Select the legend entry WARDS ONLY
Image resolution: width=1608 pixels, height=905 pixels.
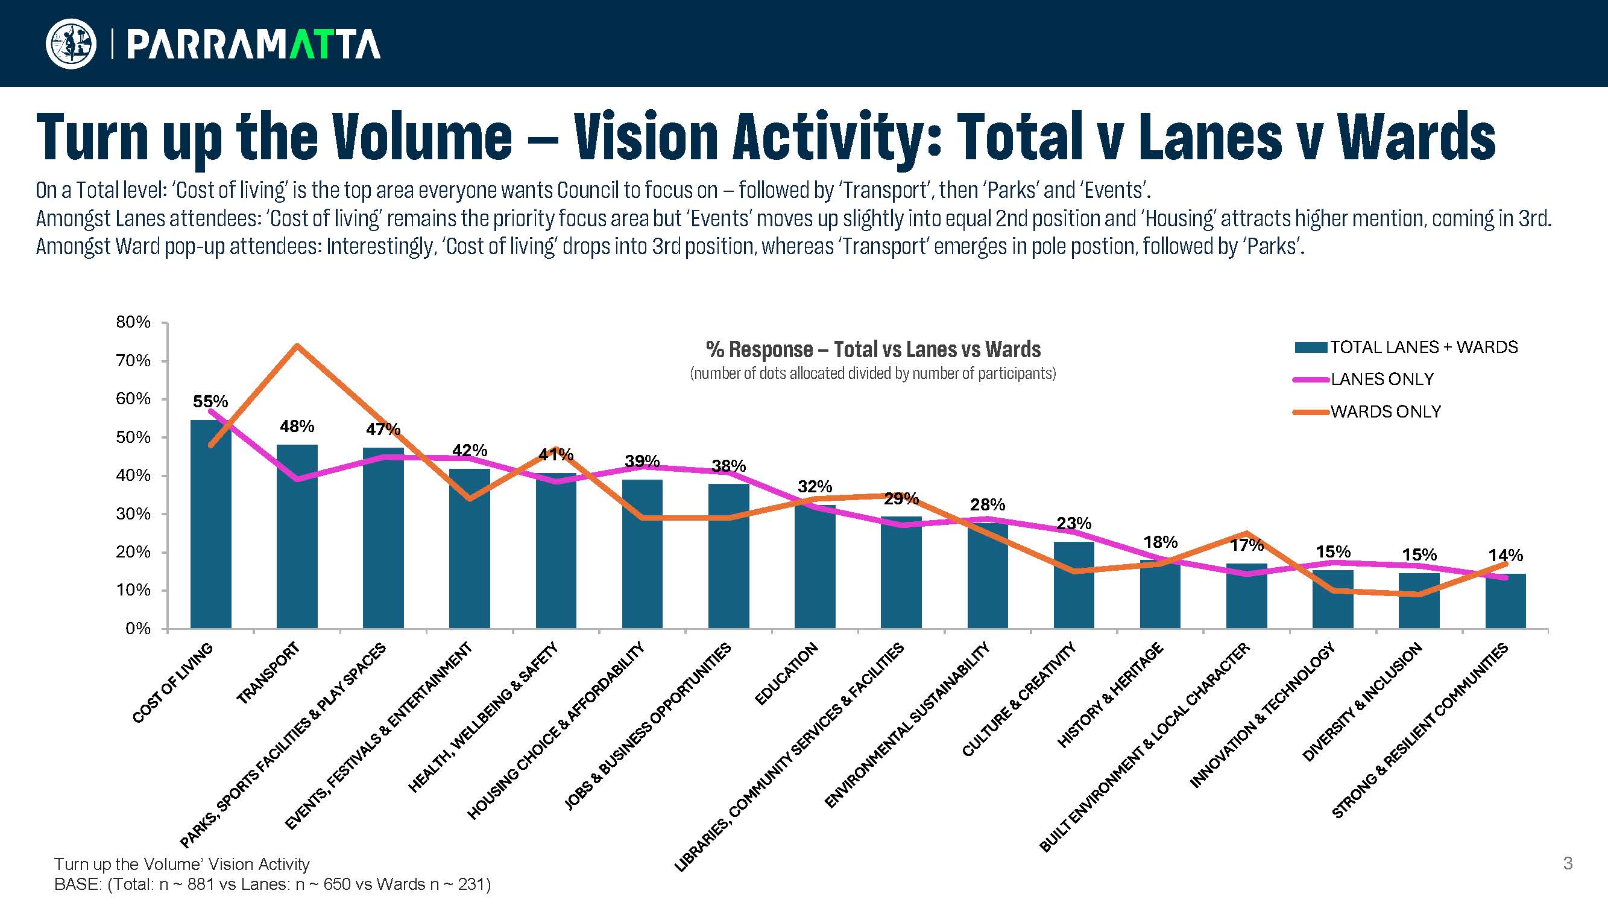(1385, 411)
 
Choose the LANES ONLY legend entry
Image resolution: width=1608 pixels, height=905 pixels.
(1381, 379)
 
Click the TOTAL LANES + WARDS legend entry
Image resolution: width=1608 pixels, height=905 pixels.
(1424, 348)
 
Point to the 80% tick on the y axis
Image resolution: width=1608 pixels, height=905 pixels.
(133, 322)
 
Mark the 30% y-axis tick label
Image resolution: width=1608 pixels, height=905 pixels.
(133, 514)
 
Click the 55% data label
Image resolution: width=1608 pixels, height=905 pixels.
(210, 402)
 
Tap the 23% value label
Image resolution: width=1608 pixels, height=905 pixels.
(1074, 522)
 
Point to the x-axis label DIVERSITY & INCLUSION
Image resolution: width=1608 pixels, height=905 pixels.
(1362, 703)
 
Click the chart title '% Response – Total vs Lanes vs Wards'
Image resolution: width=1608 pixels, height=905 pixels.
(872, 349)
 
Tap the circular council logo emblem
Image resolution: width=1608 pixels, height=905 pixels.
(71, 43)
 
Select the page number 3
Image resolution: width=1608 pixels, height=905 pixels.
(1568, 864)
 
